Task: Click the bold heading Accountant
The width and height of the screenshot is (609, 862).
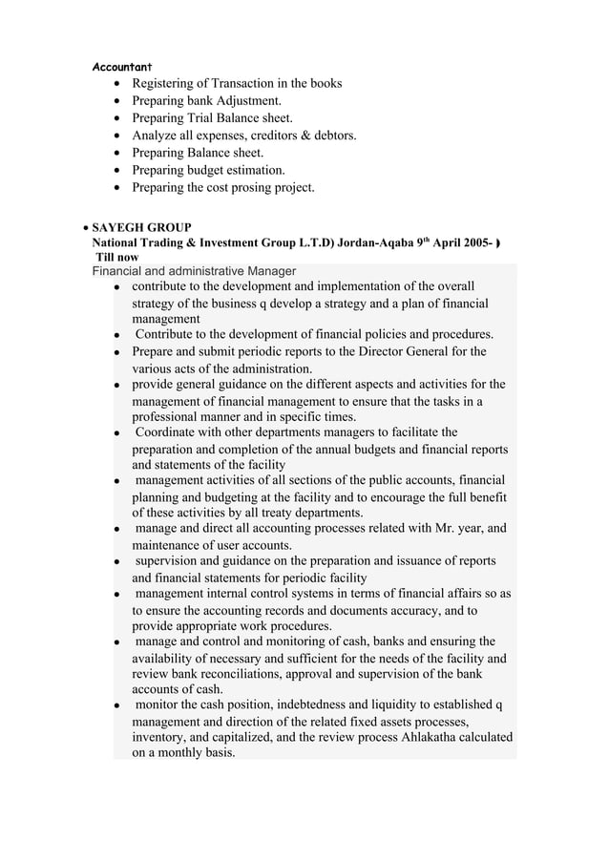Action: (121, 67)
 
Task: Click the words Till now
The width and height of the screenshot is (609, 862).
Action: (116, 258)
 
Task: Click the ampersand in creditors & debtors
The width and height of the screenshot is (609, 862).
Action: (302, 136)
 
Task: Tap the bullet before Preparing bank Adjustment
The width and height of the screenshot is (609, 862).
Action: (115, 101)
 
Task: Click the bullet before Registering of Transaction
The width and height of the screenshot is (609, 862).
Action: (115, 84)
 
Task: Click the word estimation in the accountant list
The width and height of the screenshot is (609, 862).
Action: (254, 170)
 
